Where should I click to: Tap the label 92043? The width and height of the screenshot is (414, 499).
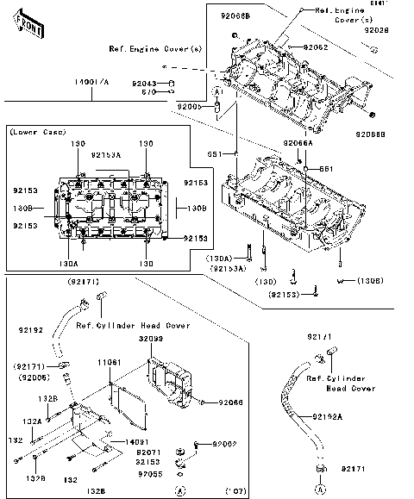[143, 83]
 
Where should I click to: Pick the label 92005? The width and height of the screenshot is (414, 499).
[189, 105]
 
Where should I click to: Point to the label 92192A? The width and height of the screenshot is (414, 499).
[327, 417]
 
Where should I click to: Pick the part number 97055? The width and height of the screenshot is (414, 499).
[148, 473]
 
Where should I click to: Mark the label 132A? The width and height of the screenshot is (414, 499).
[32, 421]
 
